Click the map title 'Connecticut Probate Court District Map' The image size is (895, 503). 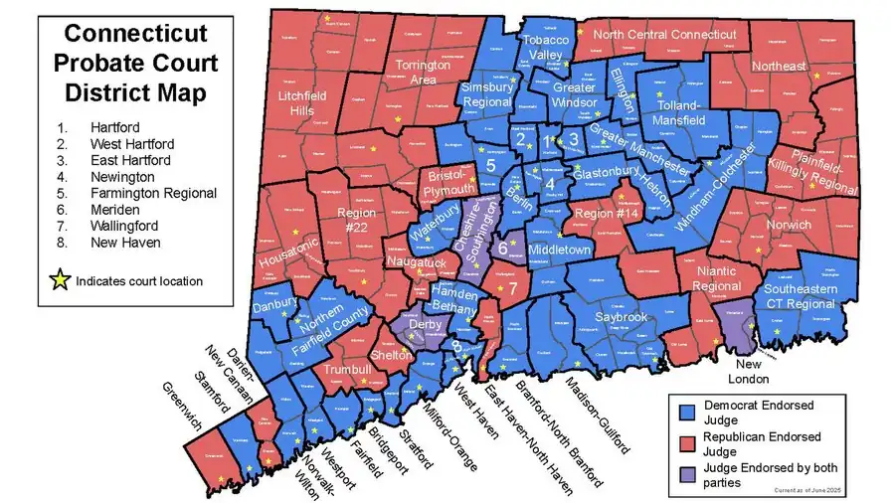coord(135,63)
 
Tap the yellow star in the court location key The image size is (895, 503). coord(61,281)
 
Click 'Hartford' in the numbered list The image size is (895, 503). coord(115,127)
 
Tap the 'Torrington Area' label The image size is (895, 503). coord(424,72)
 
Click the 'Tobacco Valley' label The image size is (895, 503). coord(545,47)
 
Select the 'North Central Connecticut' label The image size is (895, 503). coord(664,35)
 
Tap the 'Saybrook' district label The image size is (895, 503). coord(622,316)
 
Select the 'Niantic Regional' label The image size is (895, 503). coord(716,279)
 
